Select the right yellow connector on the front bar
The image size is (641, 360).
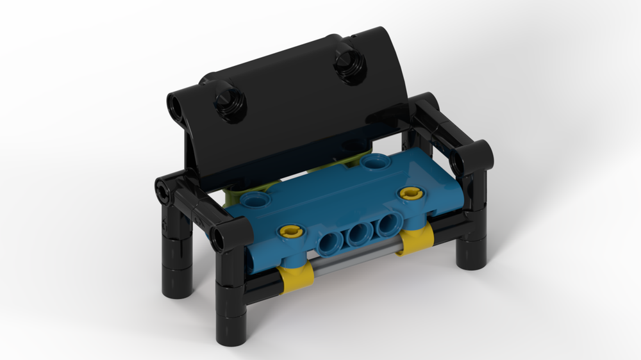[x=415, y=240]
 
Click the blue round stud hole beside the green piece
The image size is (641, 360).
[x=257, y=200]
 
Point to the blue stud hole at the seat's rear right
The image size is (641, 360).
[x=373, y=162]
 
